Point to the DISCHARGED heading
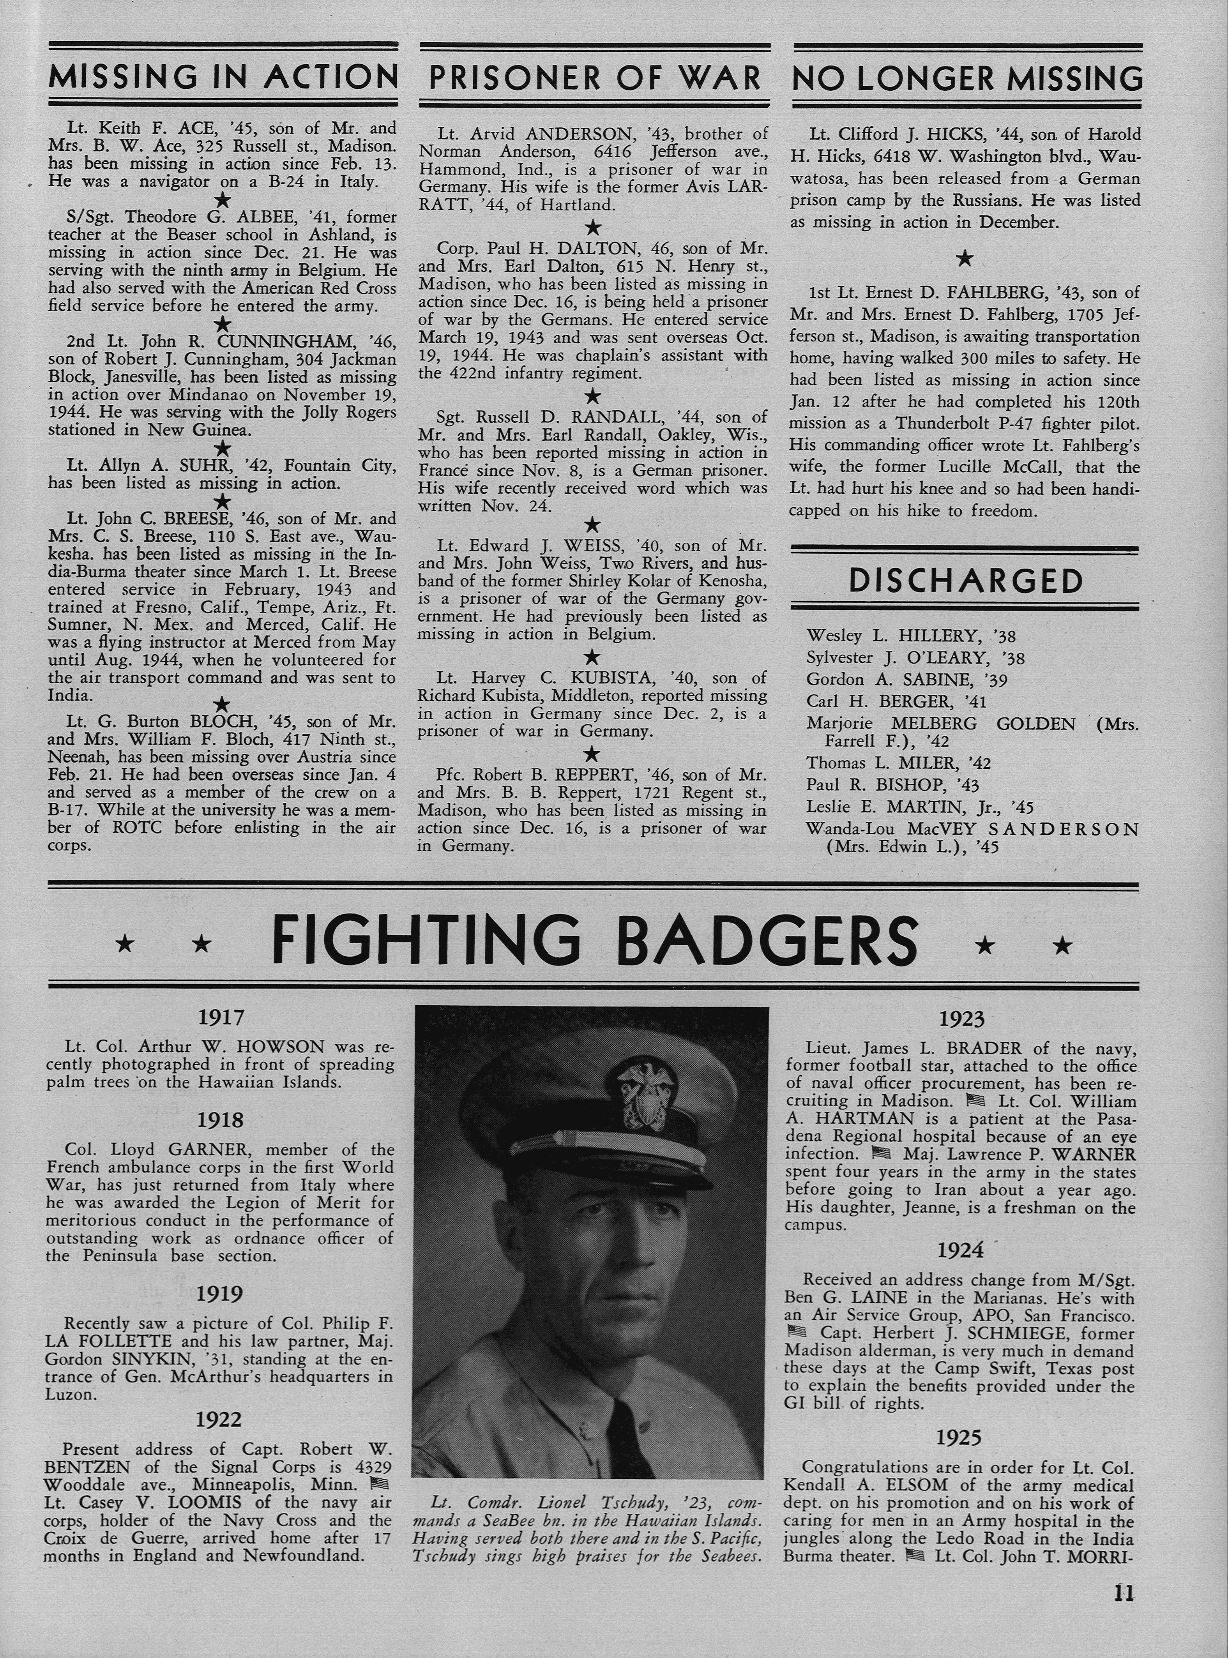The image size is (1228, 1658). point(965,581)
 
